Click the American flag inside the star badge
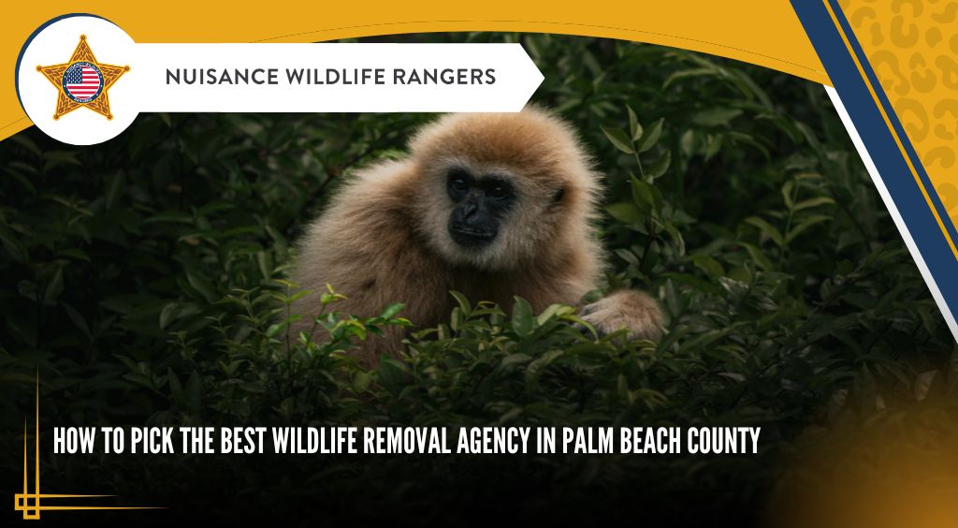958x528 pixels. click(x=82, y=81)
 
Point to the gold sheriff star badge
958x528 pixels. click(x=82, y=79)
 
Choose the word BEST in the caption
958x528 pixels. click(x=242, y=441)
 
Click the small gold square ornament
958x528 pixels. click(x=28, y=506)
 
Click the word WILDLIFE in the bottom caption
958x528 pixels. click(x=314, y=441)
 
